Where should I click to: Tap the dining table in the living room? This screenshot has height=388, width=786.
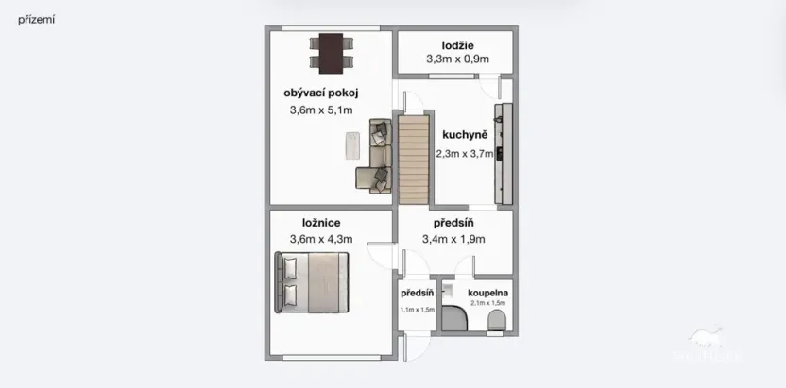331,53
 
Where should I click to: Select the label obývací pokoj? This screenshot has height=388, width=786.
320,93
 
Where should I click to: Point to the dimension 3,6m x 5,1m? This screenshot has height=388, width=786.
320,110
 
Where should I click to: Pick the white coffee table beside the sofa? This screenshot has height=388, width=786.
352,145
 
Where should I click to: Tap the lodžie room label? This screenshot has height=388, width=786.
457,45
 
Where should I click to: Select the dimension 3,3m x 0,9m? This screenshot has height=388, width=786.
457,59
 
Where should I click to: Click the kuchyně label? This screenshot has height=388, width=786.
464,135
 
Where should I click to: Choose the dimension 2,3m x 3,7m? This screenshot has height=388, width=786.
464,154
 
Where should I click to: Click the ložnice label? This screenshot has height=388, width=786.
321,223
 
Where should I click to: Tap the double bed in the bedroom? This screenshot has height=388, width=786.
313,282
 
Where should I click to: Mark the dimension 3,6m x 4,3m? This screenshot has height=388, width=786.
321,240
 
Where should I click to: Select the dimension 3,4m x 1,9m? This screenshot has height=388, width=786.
453,240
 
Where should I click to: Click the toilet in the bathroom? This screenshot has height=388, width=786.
495,324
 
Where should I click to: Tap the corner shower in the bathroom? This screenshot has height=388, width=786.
454,320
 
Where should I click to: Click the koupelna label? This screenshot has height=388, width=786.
489,294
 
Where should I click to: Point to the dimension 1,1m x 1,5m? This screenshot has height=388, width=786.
416,310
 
